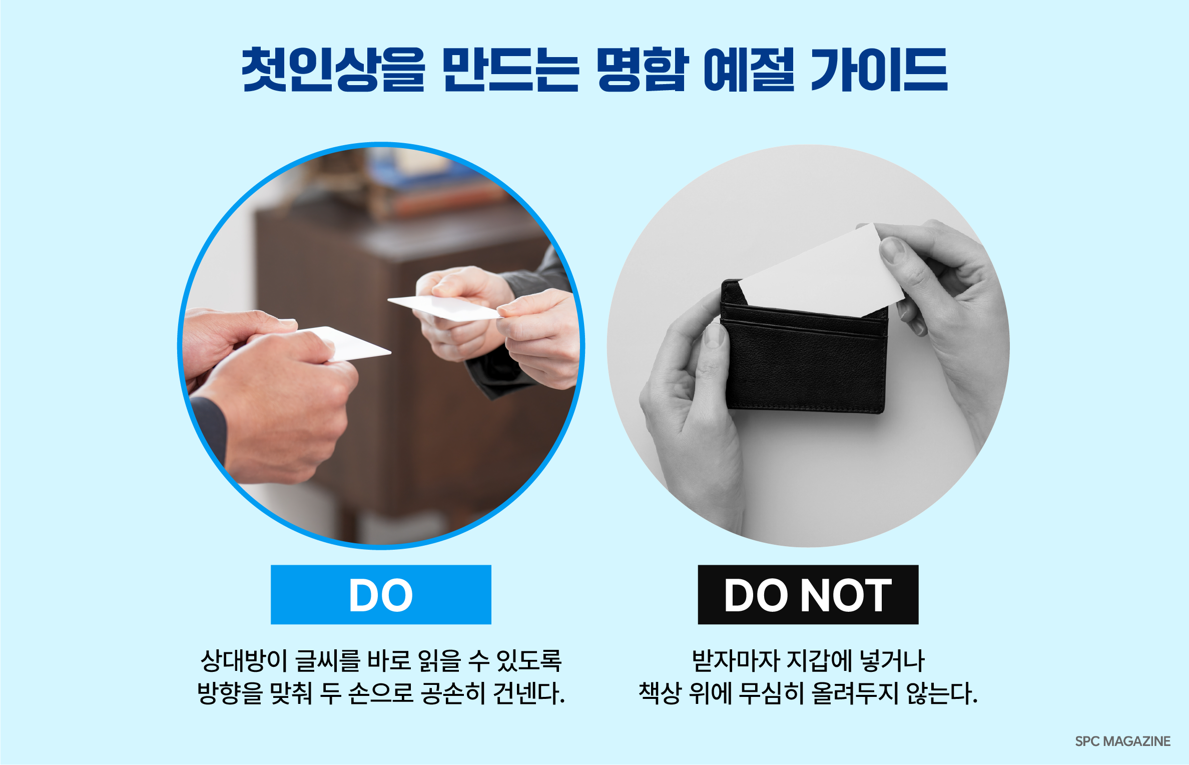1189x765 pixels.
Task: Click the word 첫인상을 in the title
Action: (x=333, y=70)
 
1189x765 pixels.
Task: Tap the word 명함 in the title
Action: (x=641, y=70)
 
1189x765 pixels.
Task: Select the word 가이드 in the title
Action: (x=879, y=70)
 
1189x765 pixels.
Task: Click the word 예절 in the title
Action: (x=749, y=70)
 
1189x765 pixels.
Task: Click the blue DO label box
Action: (x=381, y=595)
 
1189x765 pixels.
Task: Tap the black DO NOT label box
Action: (x=808, y=595)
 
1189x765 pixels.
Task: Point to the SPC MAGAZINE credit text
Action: (x=1123, y=741)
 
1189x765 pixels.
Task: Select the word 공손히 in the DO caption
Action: (x=453, y=694)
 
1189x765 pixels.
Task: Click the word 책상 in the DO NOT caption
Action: (x=660, y=694)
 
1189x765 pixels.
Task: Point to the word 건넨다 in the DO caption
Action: (x=529, y=694)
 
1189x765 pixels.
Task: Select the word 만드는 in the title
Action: (x=510, y=70)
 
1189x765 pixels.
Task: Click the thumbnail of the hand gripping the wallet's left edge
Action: (x=714, y=335)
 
